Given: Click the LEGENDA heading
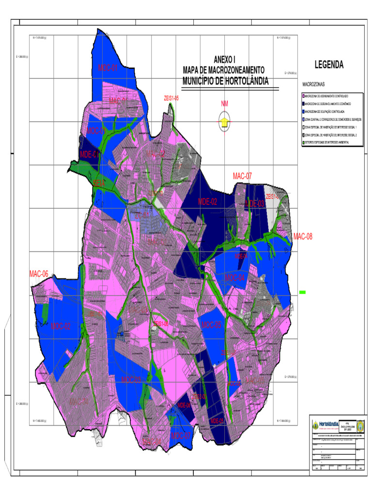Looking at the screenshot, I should point(329,64).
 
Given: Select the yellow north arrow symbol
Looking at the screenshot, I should point(224,121).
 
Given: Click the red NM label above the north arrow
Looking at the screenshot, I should point(224,104).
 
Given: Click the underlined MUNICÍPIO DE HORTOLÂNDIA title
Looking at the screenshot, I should point(225,81).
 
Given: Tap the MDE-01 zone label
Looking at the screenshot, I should point(90,155).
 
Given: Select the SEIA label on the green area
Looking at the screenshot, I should point(99,183).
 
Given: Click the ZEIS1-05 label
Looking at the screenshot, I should point(171,98).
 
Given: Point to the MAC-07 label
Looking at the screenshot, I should point(242,176).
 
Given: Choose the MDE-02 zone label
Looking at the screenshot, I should point(207,201).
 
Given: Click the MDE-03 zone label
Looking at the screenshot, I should point(255,204).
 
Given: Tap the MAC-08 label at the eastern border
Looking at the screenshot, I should point(303,236).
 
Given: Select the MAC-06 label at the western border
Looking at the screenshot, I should point(39,274).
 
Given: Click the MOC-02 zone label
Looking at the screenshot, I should point(61,326).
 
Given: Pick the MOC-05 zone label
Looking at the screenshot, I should point(211,324).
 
